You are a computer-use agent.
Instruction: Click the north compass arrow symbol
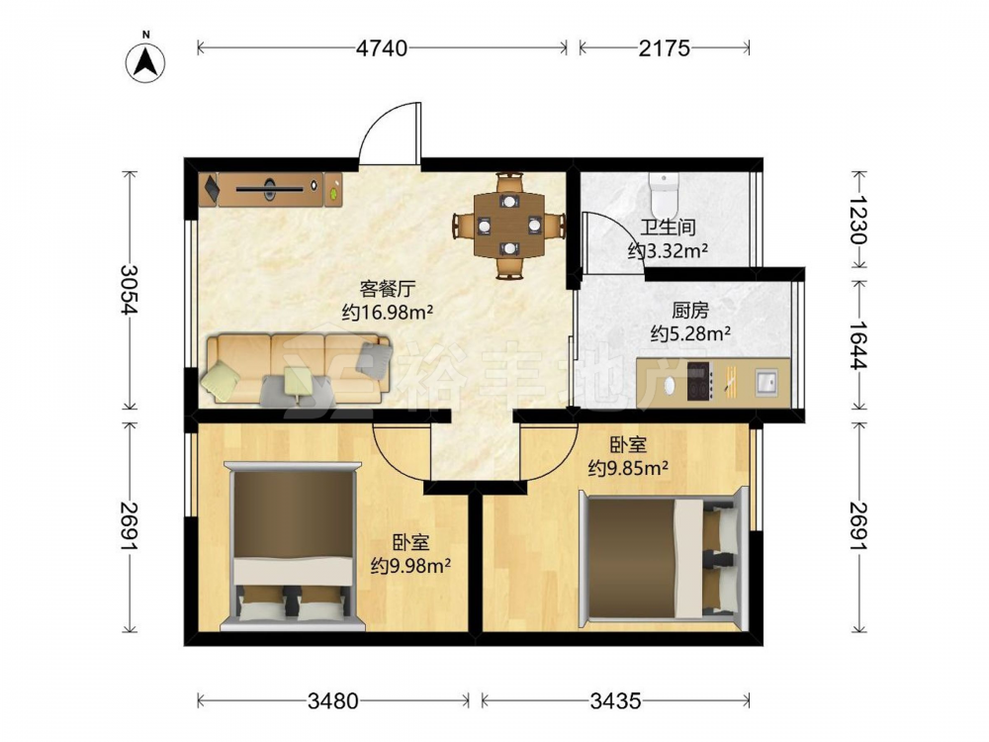pos(145,61)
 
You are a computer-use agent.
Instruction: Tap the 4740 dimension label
pos(382,47)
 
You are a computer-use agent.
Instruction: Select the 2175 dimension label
pos(665,47)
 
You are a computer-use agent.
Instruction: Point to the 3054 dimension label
pos(130,289)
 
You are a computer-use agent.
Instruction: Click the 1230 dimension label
pos(858,220)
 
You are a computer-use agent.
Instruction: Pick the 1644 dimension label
pos(858,344)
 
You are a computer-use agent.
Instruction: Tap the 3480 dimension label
pos(333,700)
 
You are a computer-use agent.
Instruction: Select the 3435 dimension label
pos(615,700)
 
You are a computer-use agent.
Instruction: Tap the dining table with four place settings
pos(509,226)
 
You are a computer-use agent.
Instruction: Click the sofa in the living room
pos(297,369)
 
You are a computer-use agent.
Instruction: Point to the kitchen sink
pos(766,382)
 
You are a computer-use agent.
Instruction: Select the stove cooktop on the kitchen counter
pos(700,381)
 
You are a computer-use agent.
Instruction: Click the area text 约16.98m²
pos(388,312)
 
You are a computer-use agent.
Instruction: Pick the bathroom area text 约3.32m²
pos(668,250)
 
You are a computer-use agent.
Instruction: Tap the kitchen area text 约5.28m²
pos(690,332)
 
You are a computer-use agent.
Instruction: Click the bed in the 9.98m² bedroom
pos(293,546)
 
